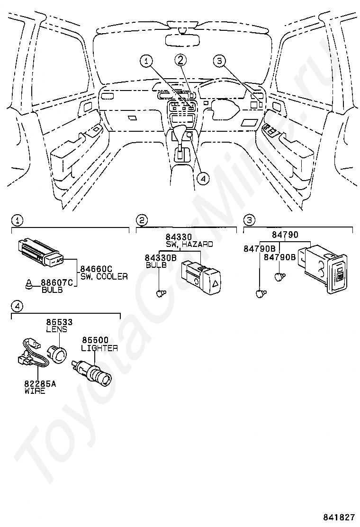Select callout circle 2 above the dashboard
(180, 60)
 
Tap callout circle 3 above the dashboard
(219, 61)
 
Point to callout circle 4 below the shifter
(203, 179)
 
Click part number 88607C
(57, 282)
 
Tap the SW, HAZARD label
(189, 245)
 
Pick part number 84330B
(161, 258)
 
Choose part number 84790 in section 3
(285, 235)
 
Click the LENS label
(56, 329)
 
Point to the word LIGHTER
(99, 348)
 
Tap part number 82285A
(40, 383)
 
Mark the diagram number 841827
(339, 517)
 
